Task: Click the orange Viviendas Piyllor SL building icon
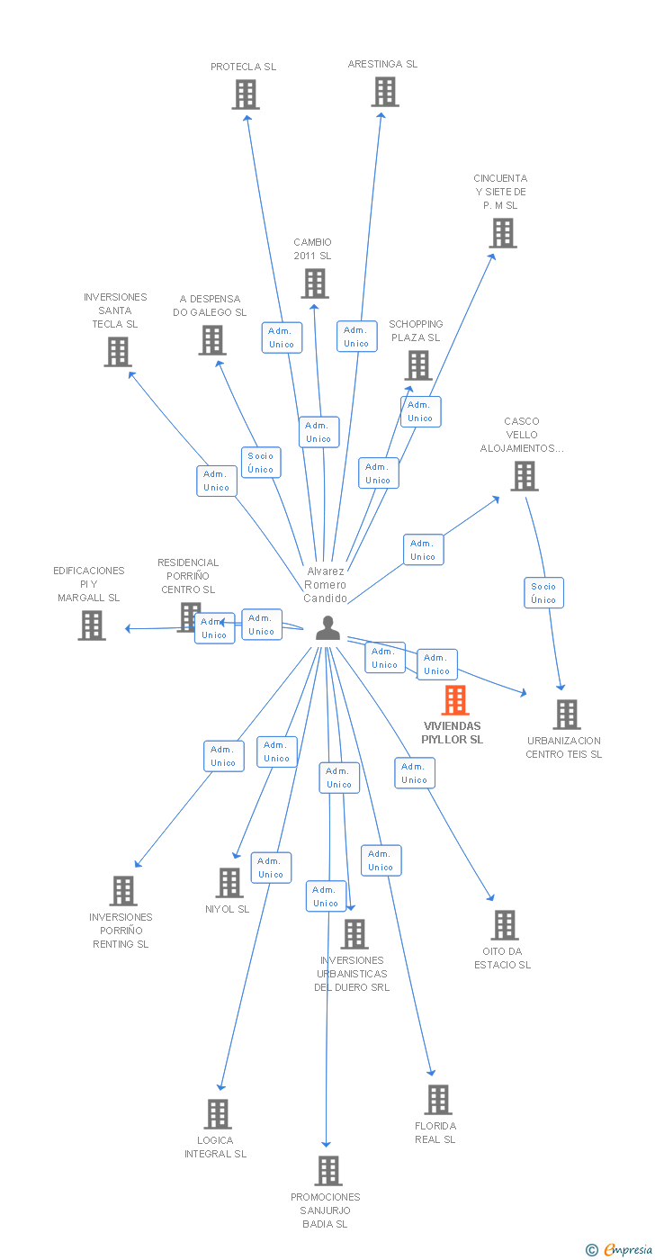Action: click(x=455, y=700)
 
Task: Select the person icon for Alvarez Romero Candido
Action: click(x=327, y=627)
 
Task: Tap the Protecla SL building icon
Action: click(x=245, y=94)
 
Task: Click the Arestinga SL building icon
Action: click(x=384, y=92)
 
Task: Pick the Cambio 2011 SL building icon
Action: click(x=314, y=283)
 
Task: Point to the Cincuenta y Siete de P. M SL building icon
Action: click(x=502, y=233)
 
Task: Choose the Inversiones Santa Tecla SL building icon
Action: click(x=118, y=352)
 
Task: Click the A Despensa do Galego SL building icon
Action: click(x=211, y=340)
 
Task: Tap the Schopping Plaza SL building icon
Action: click(x=417, y=365)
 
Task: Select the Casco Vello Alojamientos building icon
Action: click(x=524, y=476)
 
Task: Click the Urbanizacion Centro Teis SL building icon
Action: click(x=566, y=715)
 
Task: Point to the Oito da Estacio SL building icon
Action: click(x=504, y=925)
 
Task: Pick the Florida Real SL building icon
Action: click(x=437, y=1100)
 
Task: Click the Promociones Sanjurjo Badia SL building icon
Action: click(x=327, y=1171)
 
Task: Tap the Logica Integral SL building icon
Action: click(x=217, y=1114)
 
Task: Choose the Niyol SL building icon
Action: click(x=229, y=883)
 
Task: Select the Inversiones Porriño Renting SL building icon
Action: click(x=122, y=891)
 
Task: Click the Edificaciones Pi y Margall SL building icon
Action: click(x=91, y=625)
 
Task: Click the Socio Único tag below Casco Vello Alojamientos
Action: click(x=543, y=593)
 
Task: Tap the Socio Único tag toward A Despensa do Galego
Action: click(x=261, y=463)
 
